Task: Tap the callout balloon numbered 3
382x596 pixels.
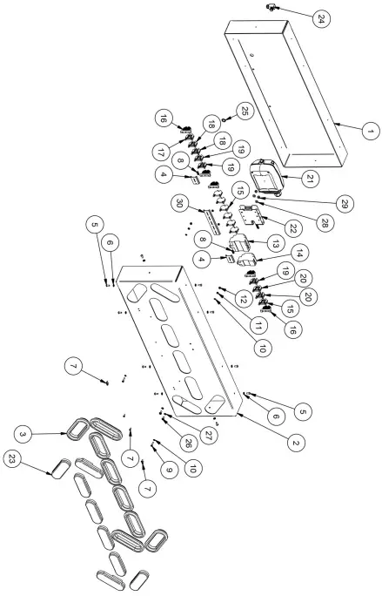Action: tap(18, 432)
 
